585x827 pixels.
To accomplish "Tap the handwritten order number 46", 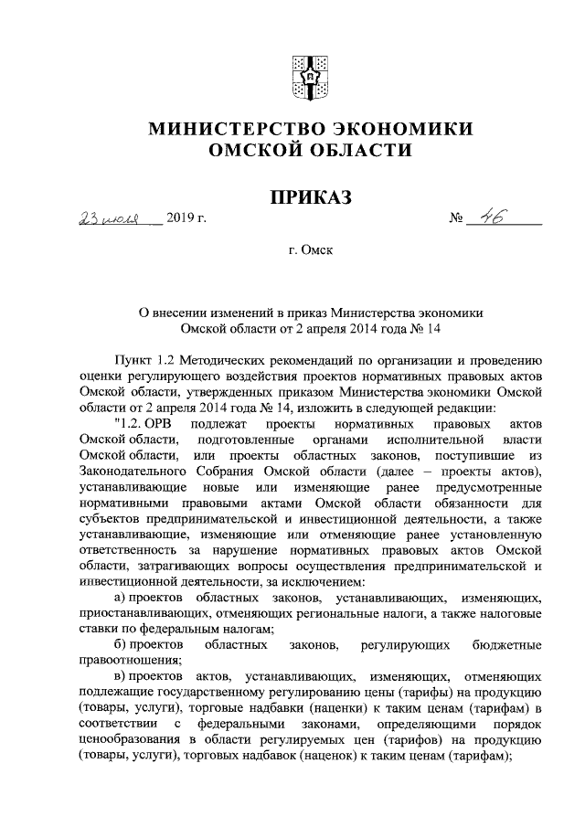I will pyautogui.click(x=490, y=218).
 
